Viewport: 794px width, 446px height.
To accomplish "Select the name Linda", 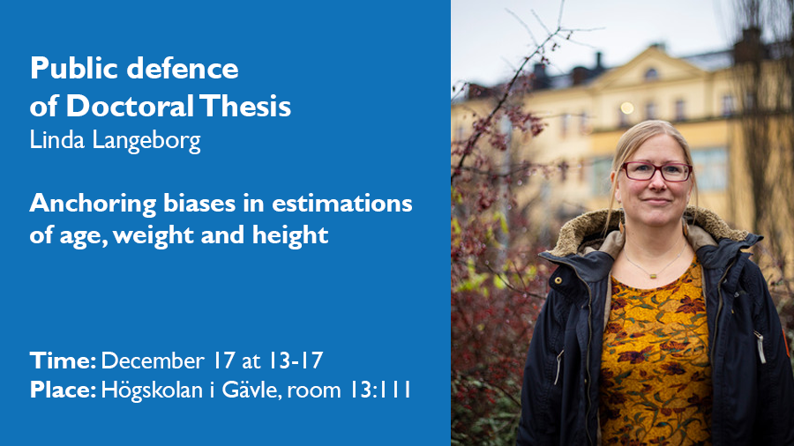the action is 56,139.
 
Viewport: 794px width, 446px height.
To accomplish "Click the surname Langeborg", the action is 146,142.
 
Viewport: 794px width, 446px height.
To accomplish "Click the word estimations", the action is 342,204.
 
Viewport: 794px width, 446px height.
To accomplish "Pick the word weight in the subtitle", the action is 153,235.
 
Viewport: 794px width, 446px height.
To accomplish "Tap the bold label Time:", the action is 63,361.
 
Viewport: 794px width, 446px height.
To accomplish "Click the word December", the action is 153,361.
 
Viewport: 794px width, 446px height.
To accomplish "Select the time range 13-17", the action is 296,361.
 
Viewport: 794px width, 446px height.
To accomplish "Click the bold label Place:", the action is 63,390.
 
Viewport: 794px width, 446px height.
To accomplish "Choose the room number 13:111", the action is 380,390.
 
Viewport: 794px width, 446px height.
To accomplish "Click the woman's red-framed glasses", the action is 656,171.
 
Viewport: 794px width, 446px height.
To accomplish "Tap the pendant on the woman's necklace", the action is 654,276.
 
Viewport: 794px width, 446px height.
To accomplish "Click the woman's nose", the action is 656,184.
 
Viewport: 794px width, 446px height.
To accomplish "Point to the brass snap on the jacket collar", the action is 558,280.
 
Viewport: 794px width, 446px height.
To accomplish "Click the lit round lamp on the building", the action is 627,108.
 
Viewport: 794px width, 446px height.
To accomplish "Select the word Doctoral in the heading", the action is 130,106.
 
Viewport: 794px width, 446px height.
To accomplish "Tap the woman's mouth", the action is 656,202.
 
